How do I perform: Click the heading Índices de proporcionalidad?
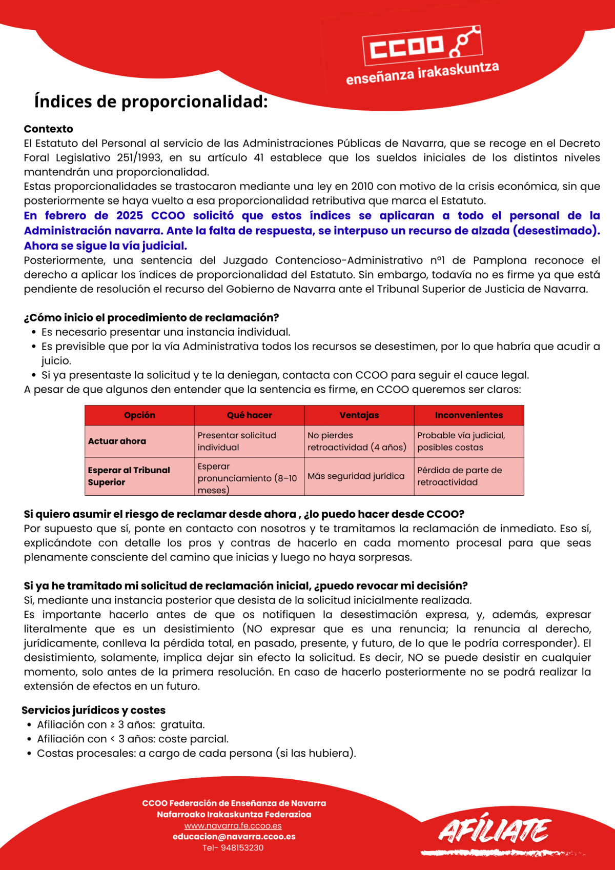click(151, 102)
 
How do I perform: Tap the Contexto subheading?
click(48, 129)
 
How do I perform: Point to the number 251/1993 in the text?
click(139, 157)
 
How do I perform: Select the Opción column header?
click(139, 415)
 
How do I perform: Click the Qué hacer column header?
click(249, 415)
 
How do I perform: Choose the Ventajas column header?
click(359, 415)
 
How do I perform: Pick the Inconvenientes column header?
click(468, 415)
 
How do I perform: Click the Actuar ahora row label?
click(117, 441)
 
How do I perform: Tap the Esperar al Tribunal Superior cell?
click(129, 476)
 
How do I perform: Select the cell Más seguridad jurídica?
click(356, 476)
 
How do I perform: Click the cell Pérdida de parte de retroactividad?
click(459, 476)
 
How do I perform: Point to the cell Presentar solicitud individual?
click(237, 441)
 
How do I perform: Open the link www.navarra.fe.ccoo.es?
click(233, 825)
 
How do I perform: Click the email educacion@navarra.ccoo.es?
click(234, 836)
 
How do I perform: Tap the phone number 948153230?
click(242, 847)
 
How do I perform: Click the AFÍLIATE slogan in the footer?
click(494, 831)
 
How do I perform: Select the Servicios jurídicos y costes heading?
click(93, 710)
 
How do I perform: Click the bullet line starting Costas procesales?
click(196, 753)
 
